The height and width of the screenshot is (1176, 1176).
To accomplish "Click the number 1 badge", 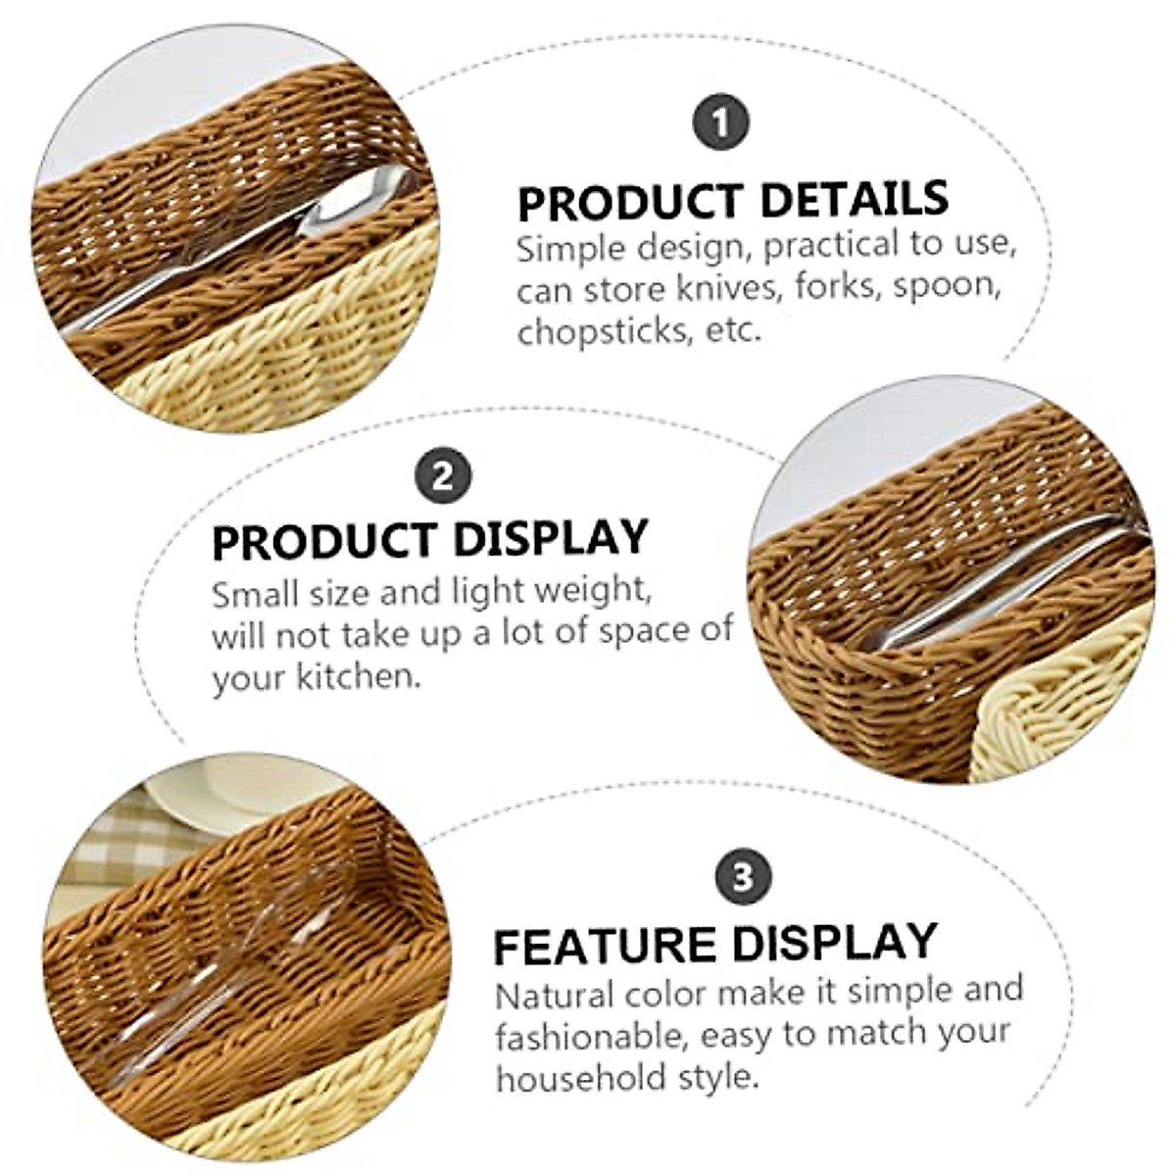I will [721, 123].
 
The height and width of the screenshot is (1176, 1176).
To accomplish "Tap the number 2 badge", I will [443, 476].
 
